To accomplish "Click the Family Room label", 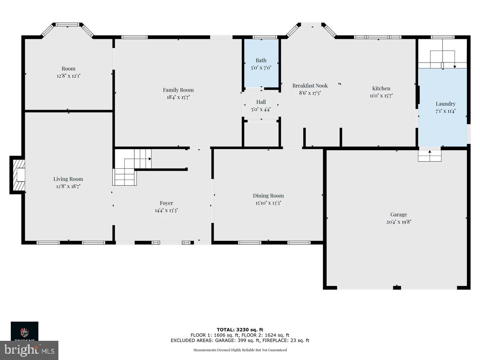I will (x=178, y=90).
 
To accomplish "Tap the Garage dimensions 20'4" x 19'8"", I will (x=396, y=222).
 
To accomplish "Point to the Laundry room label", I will (x=445, y=104).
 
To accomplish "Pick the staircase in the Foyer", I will (x=132, y=166).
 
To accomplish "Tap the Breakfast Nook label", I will (x=310, y=86).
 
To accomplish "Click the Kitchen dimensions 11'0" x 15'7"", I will (x=381, y=96).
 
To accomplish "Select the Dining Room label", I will (x=268, y=196).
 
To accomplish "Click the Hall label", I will (x=261, y=102).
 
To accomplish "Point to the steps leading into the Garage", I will (x=430, y=156).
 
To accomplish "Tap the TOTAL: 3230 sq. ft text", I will (x=240, y=330).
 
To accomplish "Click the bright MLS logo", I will (x=29, y=350).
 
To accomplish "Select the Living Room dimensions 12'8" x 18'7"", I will (x=68, y=186).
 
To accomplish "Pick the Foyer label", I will (x=166, y=203).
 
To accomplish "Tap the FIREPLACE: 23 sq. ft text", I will (x=286, y=340).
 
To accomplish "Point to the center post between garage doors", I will (x=396, y=287).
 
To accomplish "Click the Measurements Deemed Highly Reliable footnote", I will (x=240, y=350).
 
